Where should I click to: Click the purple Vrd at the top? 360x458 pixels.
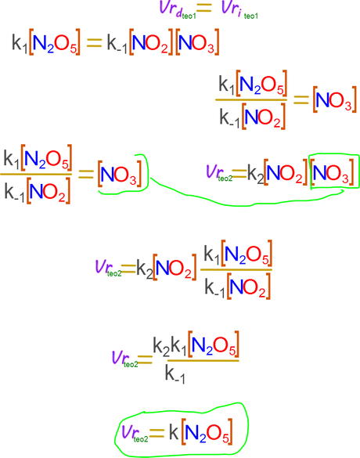[171, 9]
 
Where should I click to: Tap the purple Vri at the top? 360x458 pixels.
[231, 8]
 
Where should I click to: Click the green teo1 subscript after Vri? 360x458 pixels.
[250, 16]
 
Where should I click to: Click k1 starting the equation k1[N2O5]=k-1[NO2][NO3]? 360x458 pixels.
[20, 43]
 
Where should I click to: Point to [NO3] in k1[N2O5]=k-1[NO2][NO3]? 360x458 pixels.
[197, 41]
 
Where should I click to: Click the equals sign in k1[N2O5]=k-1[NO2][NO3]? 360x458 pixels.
[94, 42]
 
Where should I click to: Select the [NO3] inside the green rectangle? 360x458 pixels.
[333, 172]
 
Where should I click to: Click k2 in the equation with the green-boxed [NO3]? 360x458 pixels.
[255, 174]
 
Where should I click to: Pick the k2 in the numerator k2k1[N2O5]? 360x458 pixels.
[161, 347]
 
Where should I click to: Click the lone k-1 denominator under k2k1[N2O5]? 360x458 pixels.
[175, 374]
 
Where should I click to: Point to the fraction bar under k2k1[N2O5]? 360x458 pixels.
[203, 361]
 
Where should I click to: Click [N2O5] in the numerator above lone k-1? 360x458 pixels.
[214, 344]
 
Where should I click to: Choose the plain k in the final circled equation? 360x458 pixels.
[174, 432]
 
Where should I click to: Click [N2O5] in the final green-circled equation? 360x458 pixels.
[207, 431]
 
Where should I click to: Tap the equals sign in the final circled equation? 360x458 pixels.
[157, 433]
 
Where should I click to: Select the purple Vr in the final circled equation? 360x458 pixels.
[128, 432]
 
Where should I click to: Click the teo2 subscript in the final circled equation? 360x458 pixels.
[141, 439]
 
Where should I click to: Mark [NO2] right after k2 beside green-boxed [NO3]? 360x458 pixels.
[286, 172]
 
